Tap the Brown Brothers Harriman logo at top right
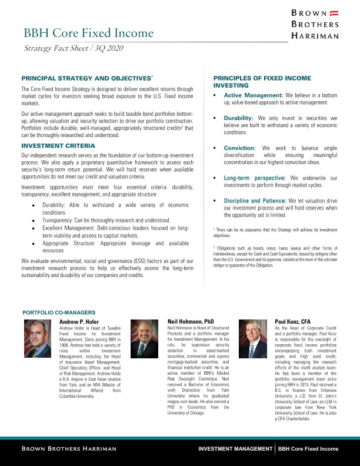(x=315, y=24)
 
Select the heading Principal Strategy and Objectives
(x=87, y=78)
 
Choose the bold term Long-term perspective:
(x=254, y=177)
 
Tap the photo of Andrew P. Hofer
(x=38, y=338)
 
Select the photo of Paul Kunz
(x=253, y=338)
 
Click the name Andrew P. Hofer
(x=79, y=322)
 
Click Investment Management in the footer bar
(x=235, y=449)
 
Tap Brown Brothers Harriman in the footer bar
(x=69, y=449)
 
